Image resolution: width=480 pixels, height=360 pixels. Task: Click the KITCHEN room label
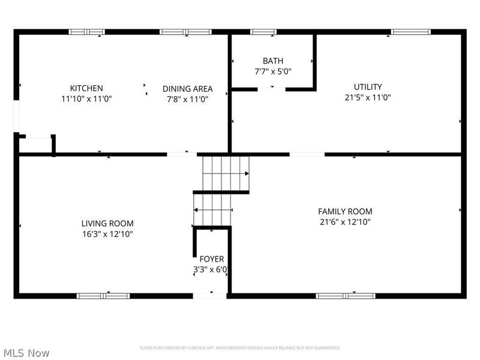(x=86, y=88)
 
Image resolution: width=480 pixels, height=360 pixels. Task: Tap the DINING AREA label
(x=187, y=89)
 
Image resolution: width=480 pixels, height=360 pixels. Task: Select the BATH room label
(x=272, y=61)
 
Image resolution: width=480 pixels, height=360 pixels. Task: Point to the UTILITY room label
(x=367, y=87)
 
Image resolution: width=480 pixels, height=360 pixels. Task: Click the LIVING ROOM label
(x=107, y=223)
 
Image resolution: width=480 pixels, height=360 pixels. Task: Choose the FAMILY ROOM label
(x=344, y=211)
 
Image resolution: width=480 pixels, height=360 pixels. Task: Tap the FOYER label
(x=212, y=259)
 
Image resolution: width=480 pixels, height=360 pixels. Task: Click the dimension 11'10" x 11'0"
(x=86, y=99)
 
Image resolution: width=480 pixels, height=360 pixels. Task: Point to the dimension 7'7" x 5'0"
(x=272, y=71)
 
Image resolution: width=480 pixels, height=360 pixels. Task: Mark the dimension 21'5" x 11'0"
(x=368, y=98)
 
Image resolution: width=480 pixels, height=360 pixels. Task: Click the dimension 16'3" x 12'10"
(x=107, y=234)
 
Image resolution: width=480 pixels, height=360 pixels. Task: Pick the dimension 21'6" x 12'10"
(x=344, y=222)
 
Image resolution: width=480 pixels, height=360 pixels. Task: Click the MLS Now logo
(x=26, y=353)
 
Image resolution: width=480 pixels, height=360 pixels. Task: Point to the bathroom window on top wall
(x=263, y=31)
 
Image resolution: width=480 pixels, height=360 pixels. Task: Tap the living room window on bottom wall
(x=103, y=295)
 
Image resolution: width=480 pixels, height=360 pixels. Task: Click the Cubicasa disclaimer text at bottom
(x=240, y=348)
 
